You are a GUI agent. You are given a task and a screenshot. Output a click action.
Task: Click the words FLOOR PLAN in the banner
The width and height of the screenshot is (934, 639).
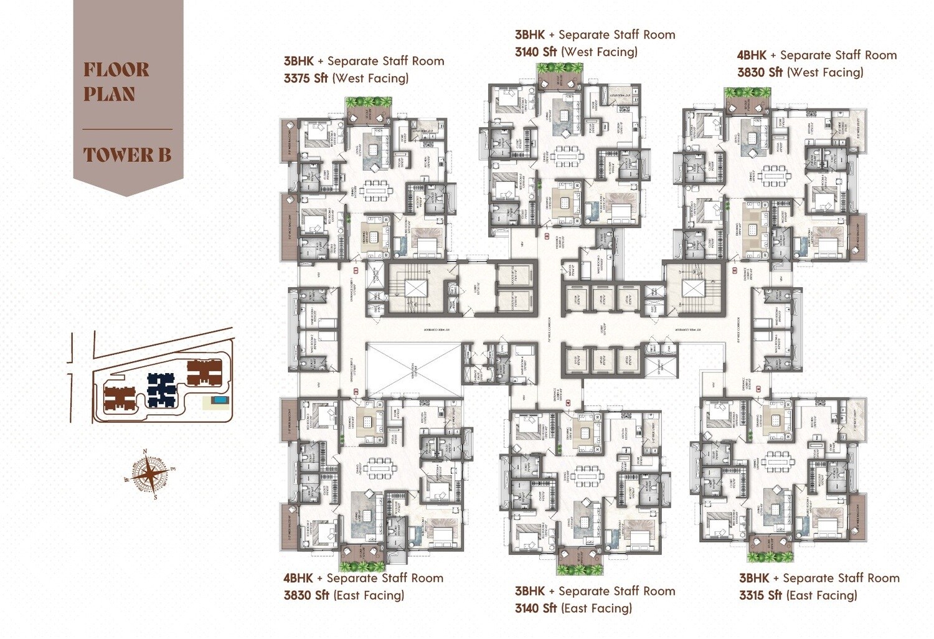(116, 82)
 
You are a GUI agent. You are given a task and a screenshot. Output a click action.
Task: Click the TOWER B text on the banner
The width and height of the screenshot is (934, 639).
(127, 155)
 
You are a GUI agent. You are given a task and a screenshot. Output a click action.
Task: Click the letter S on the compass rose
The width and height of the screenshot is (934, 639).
(155, 497)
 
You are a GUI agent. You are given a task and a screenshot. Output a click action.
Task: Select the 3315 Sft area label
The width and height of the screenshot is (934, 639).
(760, 595)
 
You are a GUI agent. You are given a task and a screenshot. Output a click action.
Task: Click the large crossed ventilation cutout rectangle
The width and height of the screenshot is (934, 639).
(413, 371)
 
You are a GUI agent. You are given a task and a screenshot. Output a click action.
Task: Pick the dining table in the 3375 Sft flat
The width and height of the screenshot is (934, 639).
(375, 187)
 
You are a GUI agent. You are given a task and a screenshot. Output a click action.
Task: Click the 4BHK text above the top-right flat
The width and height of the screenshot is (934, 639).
(752, 55)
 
